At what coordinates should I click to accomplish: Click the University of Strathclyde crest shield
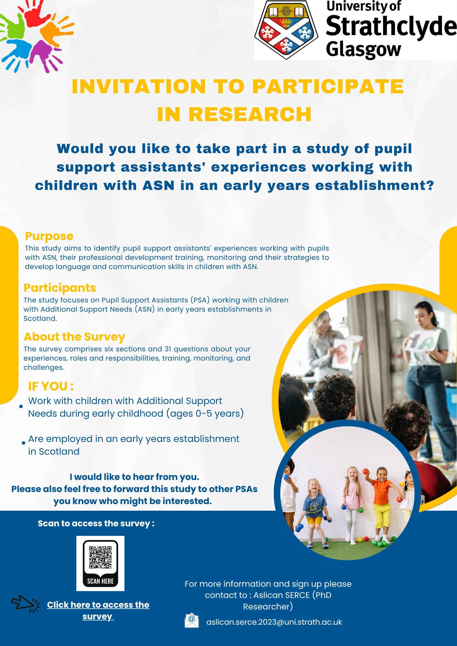pos(286,30)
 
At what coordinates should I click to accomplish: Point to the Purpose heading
pos(49,236)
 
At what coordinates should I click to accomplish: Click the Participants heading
pos(60,288)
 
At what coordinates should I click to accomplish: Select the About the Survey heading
pos(74,337)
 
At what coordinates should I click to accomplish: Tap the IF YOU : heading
pos(51,386)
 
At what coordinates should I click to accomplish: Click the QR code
pos(100,557)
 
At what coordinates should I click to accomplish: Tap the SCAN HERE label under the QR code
pos(100,581)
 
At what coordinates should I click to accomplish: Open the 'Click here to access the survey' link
pos(98,610)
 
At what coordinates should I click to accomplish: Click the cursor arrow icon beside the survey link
pos(26,603)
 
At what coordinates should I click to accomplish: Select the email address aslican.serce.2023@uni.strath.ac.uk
pos(274,622)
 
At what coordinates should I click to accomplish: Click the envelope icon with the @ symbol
pos(192,620)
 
